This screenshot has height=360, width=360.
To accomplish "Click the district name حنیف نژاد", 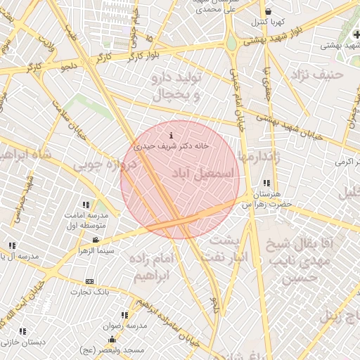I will point(327,72).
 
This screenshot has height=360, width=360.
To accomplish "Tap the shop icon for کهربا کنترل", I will point(268,11).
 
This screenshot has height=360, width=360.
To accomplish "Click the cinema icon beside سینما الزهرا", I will point(96,240).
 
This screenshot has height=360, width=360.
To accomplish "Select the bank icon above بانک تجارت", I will point(89,281).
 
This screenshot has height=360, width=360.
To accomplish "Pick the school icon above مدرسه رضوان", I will point(124,316).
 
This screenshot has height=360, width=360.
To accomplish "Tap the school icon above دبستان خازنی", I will point(23,330).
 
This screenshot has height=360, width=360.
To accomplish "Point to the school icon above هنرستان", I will point(266,183).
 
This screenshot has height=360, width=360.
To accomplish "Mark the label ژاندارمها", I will point(259,159).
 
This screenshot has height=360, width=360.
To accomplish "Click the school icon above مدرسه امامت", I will point(86,204).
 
